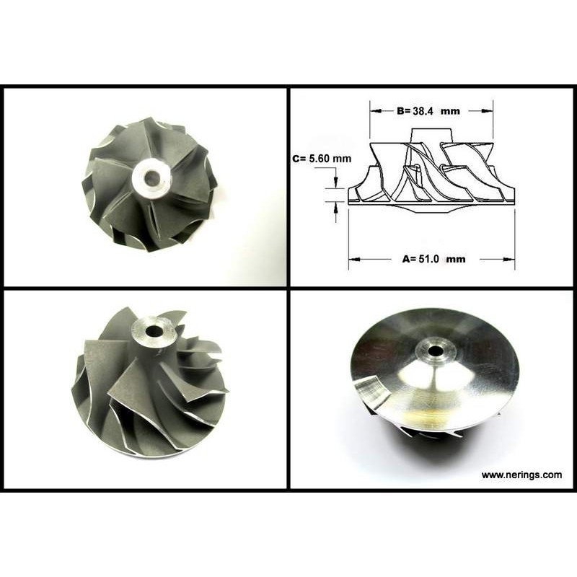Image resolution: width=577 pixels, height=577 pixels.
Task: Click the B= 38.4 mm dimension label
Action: coord(428,111)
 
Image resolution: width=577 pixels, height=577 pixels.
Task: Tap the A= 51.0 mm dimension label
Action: coord(433,259)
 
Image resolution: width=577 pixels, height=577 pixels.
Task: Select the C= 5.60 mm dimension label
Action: coord(322,159)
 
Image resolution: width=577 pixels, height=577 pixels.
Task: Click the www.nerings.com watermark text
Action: coord(521,475)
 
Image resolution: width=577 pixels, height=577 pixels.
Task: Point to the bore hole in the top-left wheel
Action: coord(151,178)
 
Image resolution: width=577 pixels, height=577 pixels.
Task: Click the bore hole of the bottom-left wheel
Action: coord(154,331)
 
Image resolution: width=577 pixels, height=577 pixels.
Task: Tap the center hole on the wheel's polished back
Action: coord(435,351)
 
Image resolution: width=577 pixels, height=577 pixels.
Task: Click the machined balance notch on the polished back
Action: coord(372,391)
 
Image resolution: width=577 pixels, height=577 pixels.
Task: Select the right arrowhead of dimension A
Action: coord(509,259)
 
